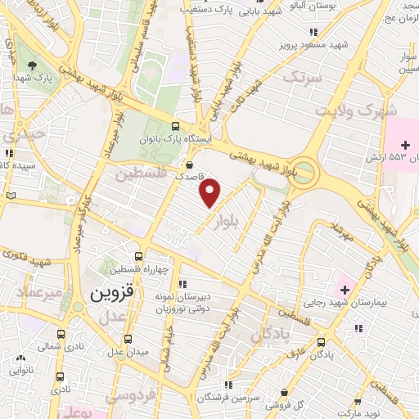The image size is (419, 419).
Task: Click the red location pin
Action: coord(211,192)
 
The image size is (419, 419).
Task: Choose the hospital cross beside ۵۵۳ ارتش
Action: coord(403,144)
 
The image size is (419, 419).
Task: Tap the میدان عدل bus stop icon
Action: coord(128,338)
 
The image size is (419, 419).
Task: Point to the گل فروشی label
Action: coord(310,404)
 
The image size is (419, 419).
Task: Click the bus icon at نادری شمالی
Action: coord(61,335)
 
